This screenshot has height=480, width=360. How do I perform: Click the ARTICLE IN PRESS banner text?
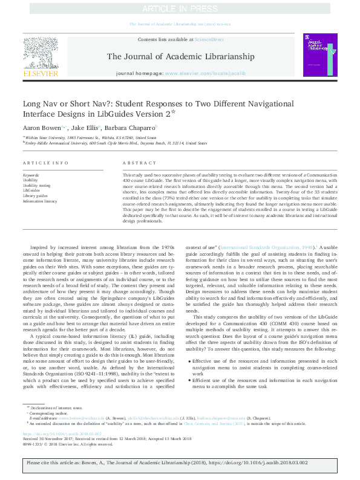180,9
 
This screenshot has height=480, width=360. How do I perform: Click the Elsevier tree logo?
41,52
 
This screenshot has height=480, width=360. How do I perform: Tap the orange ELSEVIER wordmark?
41,73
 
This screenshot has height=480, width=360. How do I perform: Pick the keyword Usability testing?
36,185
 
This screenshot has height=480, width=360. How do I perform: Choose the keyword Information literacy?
40,201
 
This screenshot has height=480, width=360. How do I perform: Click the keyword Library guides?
36,196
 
